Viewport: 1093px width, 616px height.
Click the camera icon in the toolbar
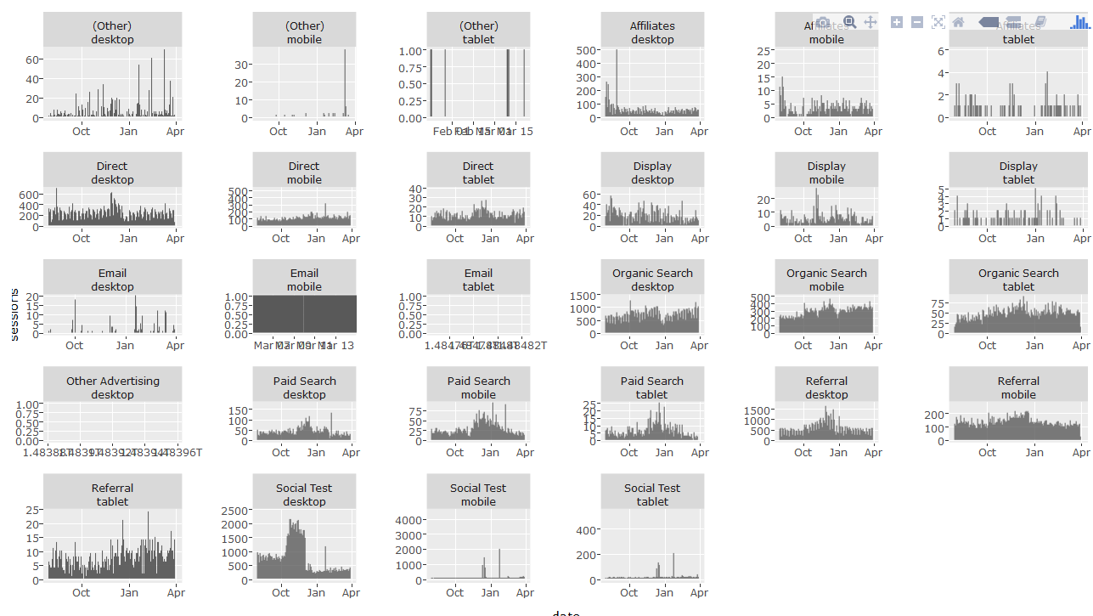point(823,22)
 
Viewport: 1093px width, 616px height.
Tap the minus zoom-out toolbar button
point(917,22)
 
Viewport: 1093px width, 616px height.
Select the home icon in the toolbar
point(959,22)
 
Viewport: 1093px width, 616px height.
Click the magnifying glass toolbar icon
point(848,22)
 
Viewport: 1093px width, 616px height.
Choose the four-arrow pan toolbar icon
point(870,22)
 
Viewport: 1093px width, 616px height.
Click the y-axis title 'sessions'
point(13,315)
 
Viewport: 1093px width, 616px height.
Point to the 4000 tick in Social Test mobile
point(408,520)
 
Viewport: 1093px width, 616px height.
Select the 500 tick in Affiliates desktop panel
point(585,50)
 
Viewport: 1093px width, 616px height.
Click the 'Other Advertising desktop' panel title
point(113,387)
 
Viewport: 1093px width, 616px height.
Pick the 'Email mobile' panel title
point(304,280)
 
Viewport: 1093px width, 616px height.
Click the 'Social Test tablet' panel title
point(652,494)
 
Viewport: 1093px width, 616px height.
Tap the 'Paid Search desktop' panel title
point(304,387)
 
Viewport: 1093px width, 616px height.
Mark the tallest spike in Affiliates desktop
point(617,52)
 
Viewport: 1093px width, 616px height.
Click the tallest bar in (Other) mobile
point(345,51)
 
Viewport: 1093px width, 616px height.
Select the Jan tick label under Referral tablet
point(129,592)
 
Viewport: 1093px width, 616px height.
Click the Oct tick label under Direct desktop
point(82,238)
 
